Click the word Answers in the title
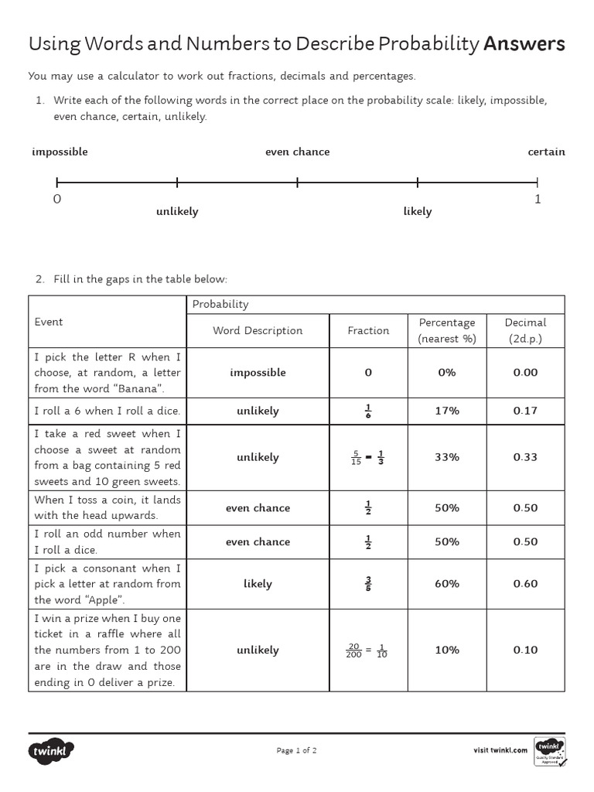click(x=524, y=44)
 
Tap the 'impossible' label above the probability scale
click(x=60, y=152)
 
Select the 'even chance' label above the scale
click(x=297, y=152)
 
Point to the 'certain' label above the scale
click(x=546, y=152)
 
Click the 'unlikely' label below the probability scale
click(x=177, y=212)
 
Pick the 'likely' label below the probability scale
click(x=417, y=212)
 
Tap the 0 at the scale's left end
click(x=56, y=199)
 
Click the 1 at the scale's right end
click(x=538, y=199)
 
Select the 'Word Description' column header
click(x=258, y=330)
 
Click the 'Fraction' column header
click(x=368, y=330)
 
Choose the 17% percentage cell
click(x=446, y=411)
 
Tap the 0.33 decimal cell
click(x=525, y=457)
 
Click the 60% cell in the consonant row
click(x=446, y=584)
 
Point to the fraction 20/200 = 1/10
click(x=368, y=650)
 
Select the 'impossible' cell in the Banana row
click(x=258, y=373)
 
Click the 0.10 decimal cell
click(x=525, y=650)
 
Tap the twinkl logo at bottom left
click(x=52, y=750)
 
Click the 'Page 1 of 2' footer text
click(x=296, y=750)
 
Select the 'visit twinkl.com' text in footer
click(x=500, y=750)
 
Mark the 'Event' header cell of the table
click(x=49, y=322)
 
